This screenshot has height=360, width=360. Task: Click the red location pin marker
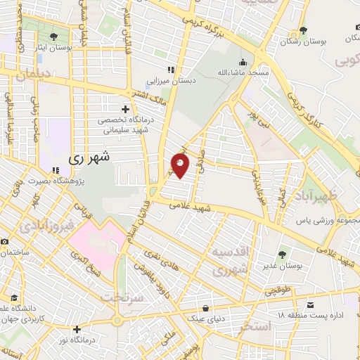click(180, 166)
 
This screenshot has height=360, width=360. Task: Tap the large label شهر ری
click(91, 159)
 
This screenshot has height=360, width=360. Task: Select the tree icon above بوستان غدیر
click(283, 255)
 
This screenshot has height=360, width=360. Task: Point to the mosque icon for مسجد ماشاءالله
click(243, 62)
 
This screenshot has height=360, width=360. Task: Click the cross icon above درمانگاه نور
click(77, 328)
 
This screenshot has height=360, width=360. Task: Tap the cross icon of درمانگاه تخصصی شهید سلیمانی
click(126, 109)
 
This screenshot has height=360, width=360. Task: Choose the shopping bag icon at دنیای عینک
click(205, 308)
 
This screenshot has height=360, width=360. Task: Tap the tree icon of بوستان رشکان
click(303, 30)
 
